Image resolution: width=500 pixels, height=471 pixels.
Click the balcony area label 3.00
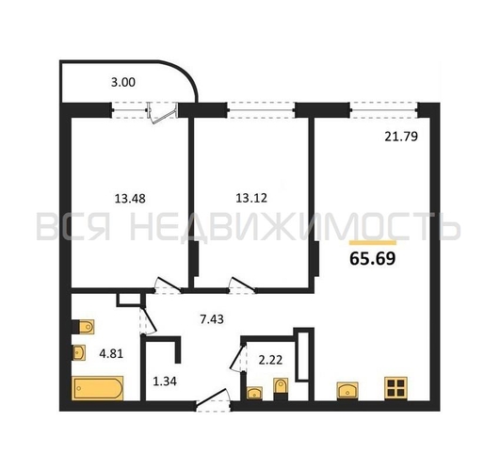tap(123, 83)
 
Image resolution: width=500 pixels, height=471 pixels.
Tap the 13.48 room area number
tap(130, 199)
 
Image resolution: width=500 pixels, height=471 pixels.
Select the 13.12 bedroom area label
tap(251, 198)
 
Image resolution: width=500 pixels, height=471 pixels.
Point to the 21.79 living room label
tap(401, 137)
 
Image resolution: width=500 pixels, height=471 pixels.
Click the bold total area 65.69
tap(373, 258)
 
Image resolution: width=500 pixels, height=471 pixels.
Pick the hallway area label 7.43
tap(212, 319)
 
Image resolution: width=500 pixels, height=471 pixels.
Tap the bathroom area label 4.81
tap(111, 353)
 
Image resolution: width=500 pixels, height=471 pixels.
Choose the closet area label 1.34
tap(165, 381)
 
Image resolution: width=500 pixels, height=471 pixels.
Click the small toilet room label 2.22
tap(270, 360)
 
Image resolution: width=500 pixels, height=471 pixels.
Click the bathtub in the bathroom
tap(98, 388)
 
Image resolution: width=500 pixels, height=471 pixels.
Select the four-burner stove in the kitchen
tap(396, 388)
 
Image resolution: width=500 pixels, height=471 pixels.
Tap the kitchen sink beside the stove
tap(347, 391)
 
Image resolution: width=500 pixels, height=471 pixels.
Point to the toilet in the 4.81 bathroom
tap(84, 327)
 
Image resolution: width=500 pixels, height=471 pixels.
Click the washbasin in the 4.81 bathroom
tap(79, 352)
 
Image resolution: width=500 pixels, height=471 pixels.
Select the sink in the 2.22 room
tap(254, 393)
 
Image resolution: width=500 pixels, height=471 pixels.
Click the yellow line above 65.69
tap(373, 243)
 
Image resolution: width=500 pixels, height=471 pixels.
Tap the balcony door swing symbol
tap(163, 113)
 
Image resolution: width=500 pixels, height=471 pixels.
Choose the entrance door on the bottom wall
tap(213, 399)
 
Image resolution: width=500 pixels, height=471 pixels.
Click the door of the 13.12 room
tap(242, 285)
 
